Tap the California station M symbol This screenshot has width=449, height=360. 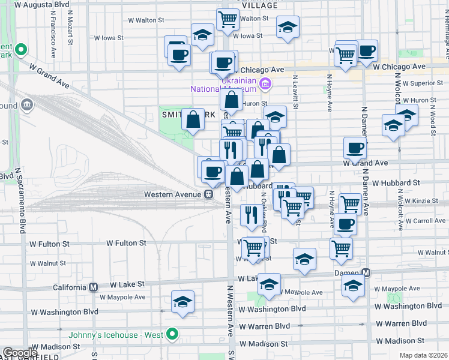click(x=93, y=287)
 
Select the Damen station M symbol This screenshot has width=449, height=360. click(x=366, y=273)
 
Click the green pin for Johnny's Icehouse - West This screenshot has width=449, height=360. click(x=173, y=334)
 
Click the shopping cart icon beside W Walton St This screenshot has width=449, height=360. click(x=228, y=19)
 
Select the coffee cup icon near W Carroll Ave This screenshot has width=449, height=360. click(x=345, y=224)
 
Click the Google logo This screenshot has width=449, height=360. click(x=20, y=353)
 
